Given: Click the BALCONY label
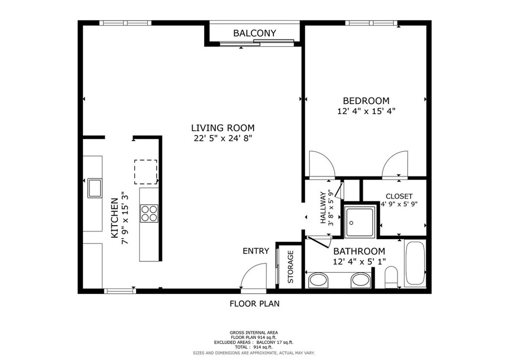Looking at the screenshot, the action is coord(254,33).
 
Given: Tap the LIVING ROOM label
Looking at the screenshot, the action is coord(223,128).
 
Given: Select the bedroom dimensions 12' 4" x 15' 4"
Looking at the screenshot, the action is coord(366,111).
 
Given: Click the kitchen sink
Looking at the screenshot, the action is coord(95,188).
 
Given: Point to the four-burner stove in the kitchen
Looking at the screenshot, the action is coord(149,214).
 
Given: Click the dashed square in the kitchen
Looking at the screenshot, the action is coord(146,172).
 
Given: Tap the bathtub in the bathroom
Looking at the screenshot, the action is coord(415,263).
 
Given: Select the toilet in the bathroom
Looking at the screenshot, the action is coord(391,277).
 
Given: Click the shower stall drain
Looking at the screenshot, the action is coord(351,223).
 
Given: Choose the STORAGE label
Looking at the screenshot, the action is coord(290,267).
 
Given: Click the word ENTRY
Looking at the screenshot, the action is coord(256,251).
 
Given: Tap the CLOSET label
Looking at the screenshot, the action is coord(399,196).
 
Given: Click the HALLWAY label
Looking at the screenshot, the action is coord(323,208).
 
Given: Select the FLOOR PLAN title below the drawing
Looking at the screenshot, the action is coord(254,304).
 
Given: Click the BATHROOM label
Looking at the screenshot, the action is coord(359,251).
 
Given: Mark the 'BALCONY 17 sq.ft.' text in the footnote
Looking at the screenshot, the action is coord(275,343).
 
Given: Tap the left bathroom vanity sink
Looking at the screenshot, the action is coord(318,280).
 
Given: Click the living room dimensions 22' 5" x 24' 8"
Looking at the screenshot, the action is coord(223,138).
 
